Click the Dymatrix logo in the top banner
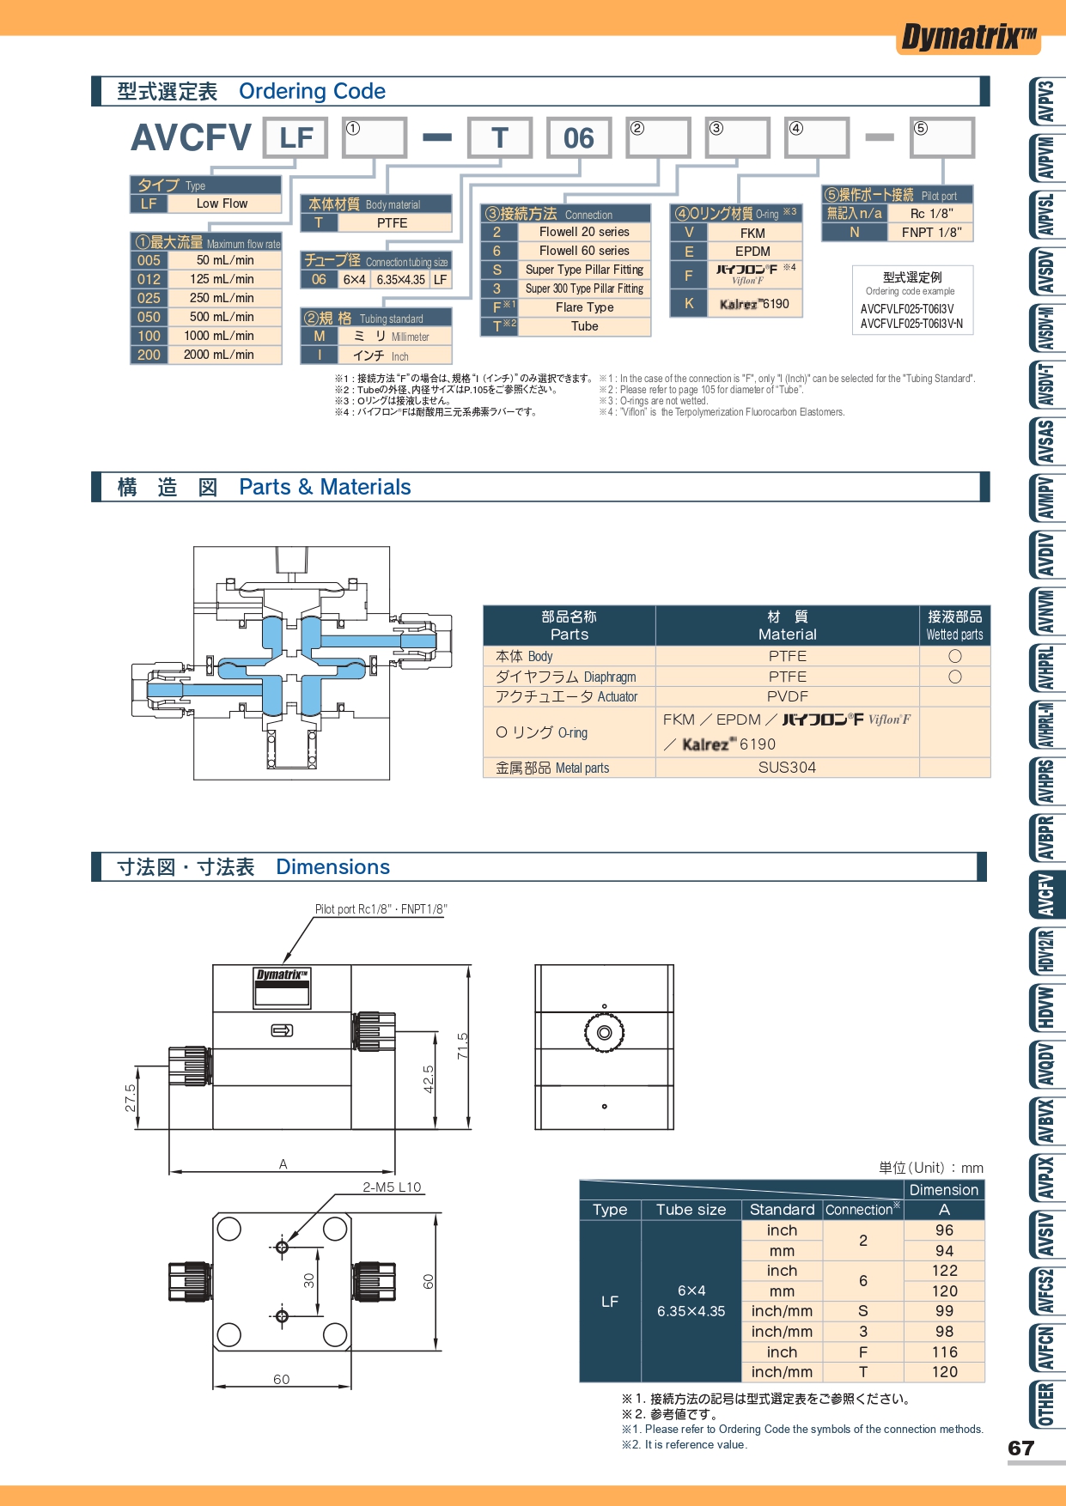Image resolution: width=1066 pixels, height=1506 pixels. click(969, 37)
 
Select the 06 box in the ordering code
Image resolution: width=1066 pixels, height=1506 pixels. click(579, 137)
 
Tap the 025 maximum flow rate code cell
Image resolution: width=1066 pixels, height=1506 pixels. click(149, 298)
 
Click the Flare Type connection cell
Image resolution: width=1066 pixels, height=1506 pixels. click(584, 307)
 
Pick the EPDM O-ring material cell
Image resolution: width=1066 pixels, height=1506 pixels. click(752, 252)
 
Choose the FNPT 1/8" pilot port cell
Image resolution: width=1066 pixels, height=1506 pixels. click(931, 232)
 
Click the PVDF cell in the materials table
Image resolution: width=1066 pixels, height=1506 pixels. click(787, 696)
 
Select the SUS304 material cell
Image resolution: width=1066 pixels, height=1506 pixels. click(787, 768)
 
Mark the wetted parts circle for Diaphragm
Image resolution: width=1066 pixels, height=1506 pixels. click(954, 677)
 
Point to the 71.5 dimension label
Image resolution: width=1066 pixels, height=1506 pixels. click(462, 1046)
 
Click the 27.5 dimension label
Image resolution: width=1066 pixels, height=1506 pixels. click(130, 1098)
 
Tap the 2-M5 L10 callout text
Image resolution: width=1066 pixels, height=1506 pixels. click(392, 1187)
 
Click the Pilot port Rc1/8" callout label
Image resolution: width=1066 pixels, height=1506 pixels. click(381, 909)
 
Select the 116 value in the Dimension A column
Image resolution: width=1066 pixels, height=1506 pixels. click(944, 1352)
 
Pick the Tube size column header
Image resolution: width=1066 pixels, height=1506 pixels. click(691, 1210)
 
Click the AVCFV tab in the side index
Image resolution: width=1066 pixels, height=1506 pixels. click(1046, 895)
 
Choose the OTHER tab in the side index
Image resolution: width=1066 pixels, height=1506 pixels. click(1046, 1404)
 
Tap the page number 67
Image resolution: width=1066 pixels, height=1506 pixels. click(1020, 1448)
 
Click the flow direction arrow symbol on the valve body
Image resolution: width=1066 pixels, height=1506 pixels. click(282, 1030)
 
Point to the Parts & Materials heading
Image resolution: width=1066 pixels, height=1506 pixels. click(325, 487)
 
